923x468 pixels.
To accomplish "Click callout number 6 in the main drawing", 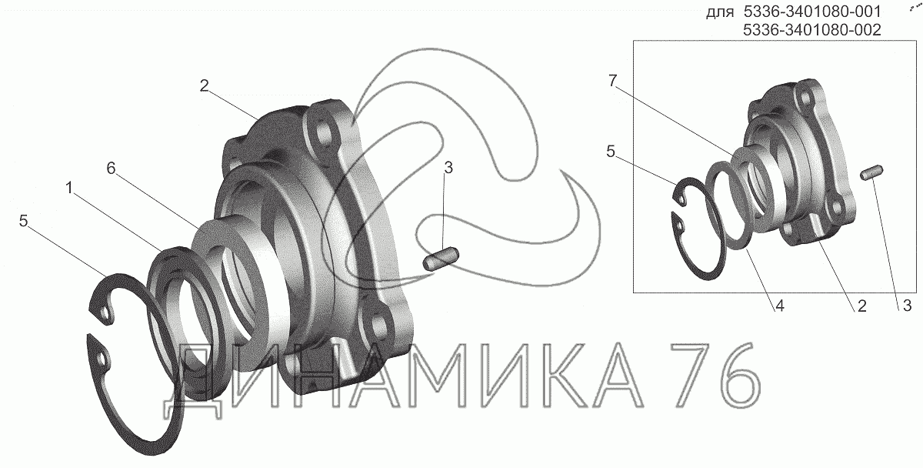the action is [111, 169].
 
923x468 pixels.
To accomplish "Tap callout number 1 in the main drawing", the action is [69, 188].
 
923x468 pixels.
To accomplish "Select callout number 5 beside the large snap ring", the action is [24, 221].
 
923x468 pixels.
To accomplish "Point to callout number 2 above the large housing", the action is [205, 85].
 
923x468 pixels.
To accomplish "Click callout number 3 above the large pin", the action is [448, 168].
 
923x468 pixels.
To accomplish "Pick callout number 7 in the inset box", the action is [613, 82].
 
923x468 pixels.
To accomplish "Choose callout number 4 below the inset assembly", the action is [780, 306].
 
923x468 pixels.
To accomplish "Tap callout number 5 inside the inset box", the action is [611, 152].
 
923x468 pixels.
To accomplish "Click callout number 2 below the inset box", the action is [861, 306].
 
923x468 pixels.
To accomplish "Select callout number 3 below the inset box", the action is [907, 306].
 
